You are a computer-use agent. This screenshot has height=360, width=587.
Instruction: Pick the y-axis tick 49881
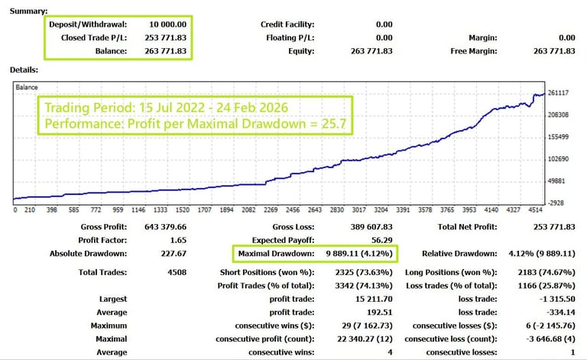[x=562, y=181]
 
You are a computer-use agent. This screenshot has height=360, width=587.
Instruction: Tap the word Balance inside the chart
[x=28, y=88]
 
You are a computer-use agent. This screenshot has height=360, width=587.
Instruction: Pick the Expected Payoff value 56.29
[x=381, y=240]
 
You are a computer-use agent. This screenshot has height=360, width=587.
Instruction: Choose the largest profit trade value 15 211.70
[x=371, y=299]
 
